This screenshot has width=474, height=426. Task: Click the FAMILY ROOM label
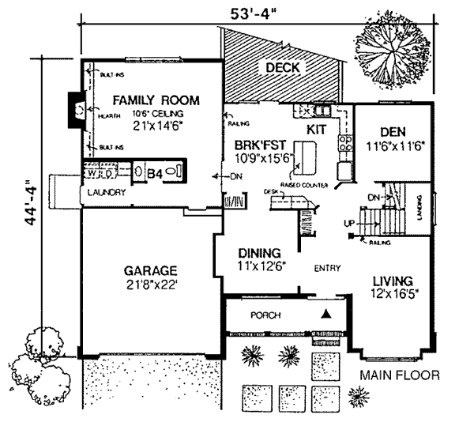(x=155, y=100)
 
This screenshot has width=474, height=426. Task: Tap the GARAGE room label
(x=149, y=269)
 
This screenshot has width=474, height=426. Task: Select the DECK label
(x=282, y=67)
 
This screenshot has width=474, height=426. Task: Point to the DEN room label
(x=392, y=131)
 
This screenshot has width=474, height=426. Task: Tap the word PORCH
(x=265, y=315)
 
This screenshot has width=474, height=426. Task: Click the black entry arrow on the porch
(x=325, y=314)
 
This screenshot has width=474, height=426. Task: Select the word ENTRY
(x=326, y=268)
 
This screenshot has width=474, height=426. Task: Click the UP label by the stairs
(x=348, y=224)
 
